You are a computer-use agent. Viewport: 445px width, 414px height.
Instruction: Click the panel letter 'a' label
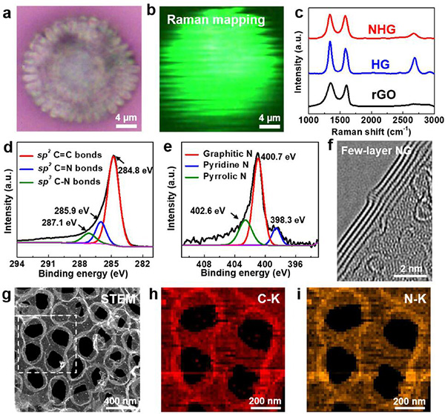coord(9,9)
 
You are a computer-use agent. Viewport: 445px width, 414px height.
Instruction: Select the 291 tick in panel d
coord(48,263)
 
